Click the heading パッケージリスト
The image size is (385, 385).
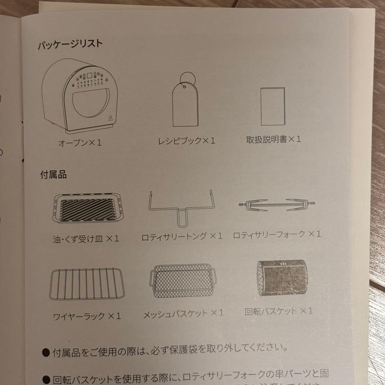pyautogui.click(x=71, y=45)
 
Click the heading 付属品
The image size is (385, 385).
pyautogui.click(x=53, y=175)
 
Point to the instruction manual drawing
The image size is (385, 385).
pyautogui.click(x=273, y=106)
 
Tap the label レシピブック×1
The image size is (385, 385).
pyautogui.click(x=187, y=141)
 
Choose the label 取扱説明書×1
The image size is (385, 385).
pyautogui.click(x=273, y=139)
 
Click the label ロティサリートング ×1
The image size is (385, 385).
pyautogui.click(x=182, y=236)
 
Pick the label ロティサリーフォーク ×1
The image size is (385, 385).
pyautogui.click(x=277, y=234)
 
